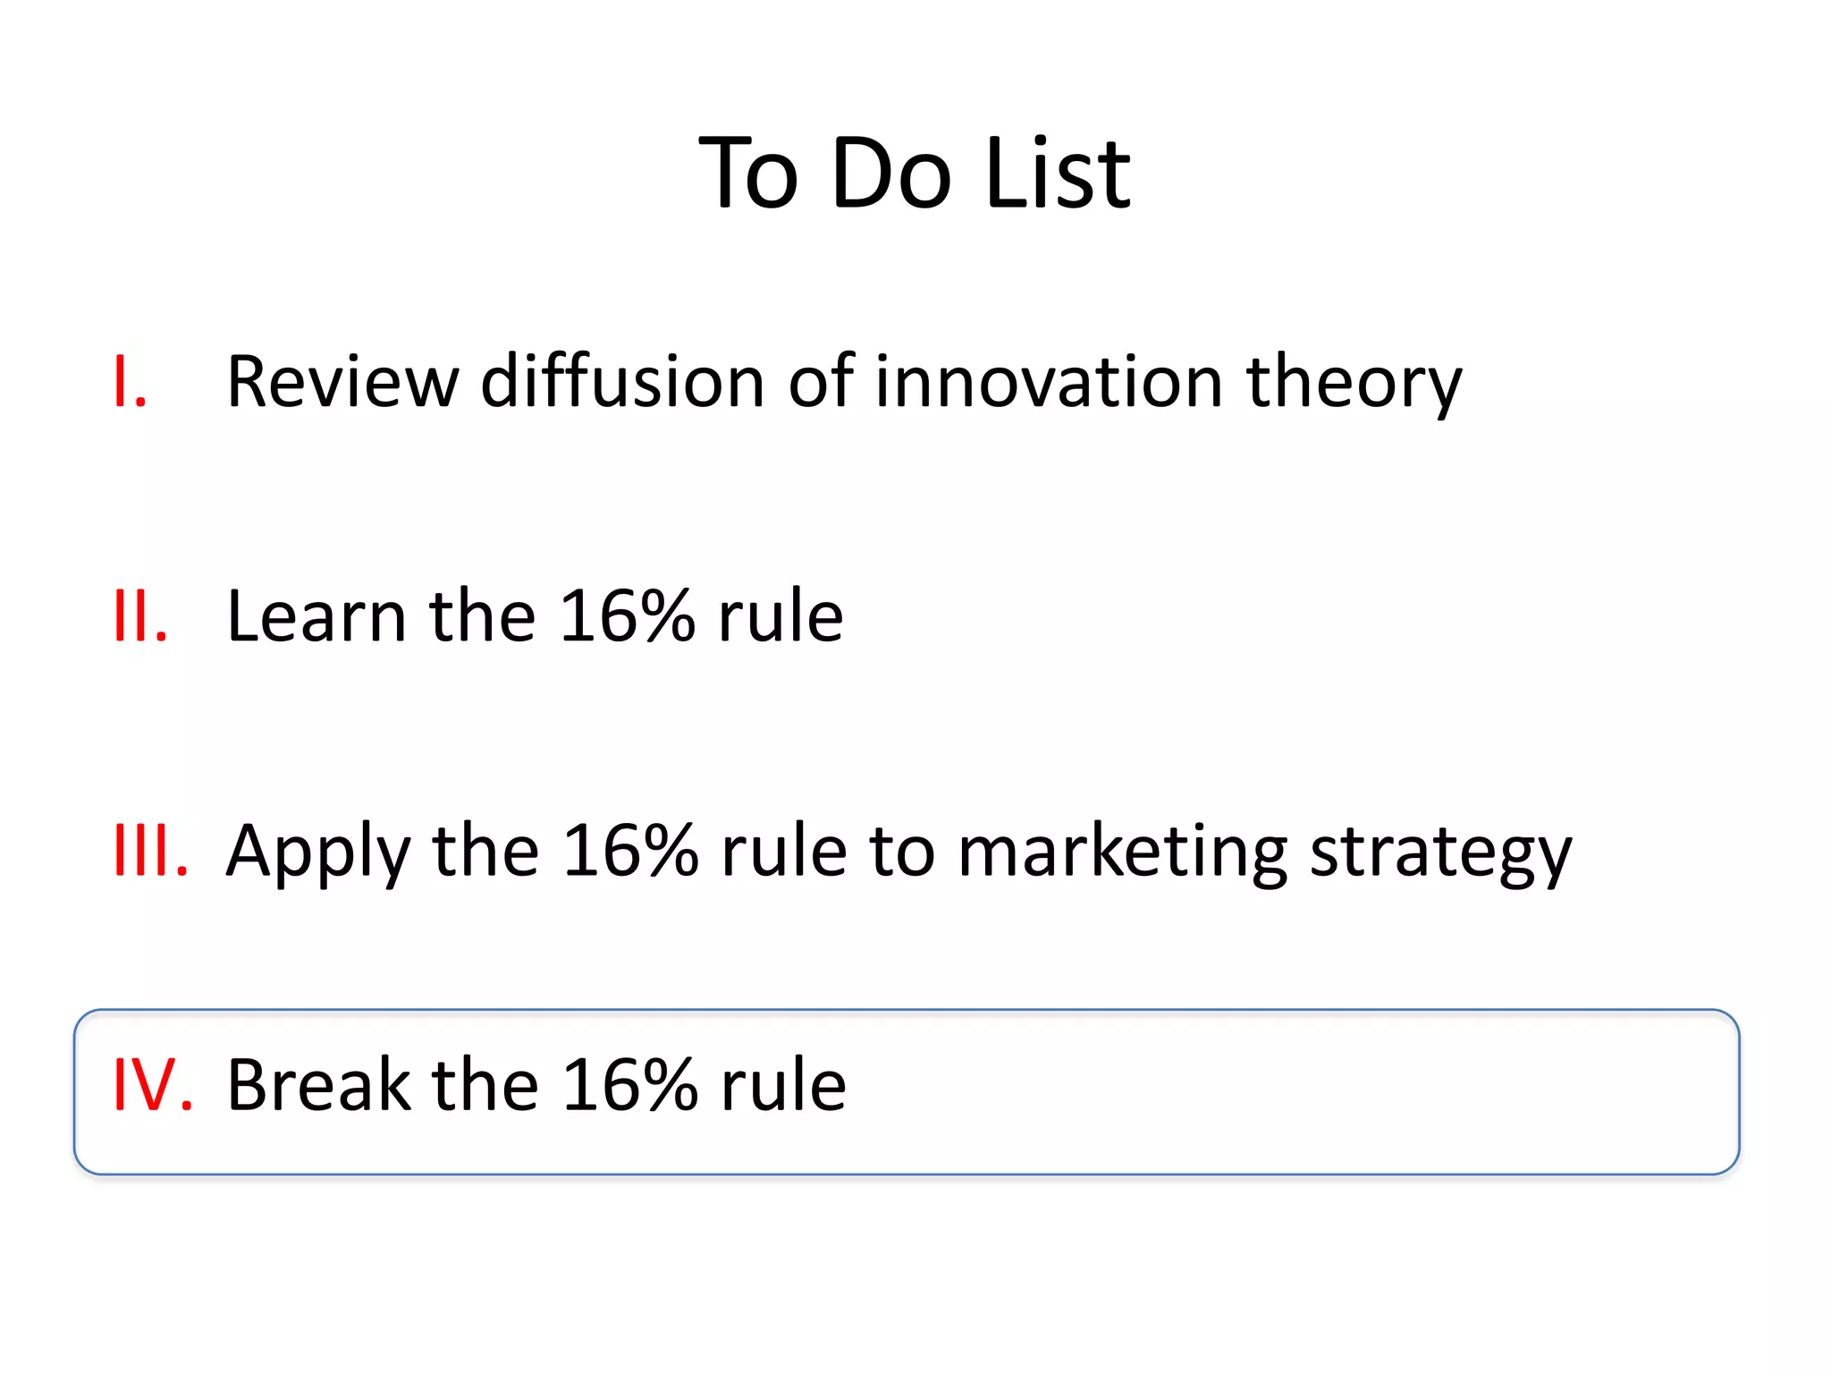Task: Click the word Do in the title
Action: (891, 174)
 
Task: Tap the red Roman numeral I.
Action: (130, 383)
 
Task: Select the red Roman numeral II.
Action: (141, 616)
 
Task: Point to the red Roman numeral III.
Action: (151, 851)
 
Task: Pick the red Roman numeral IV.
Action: (153, 1085)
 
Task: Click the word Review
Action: (342, 382)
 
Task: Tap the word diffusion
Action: (622, 382)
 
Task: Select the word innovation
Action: (1048, 382)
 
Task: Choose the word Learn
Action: (316, 616)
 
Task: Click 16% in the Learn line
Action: (627, 616)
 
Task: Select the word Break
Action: (318, 1085)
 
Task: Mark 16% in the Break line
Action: (629, 1085)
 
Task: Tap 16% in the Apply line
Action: (629, 851)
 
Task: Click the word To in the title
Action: (749, 174)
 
